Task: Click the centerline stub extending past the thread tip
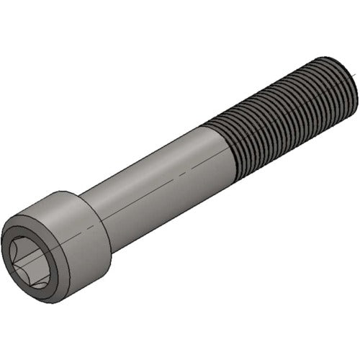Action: click(x=356, y=73)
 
